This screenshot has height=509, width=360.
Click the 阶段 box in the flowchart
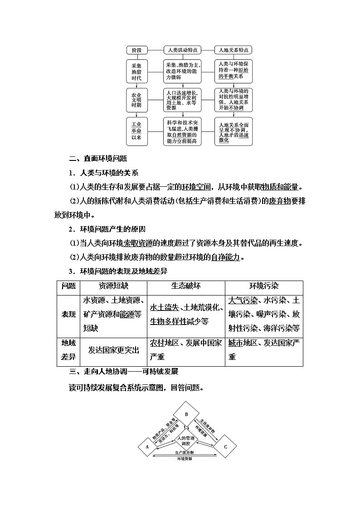[137, 50]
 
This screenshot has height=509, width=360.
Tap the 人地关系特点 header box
[233, 50]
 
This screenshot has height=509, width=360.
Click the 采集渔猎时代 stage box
[137, 71]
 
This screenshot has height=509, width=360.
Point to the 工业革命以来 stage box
[137, 131]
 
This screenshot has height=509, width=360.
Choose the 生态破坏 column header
[186, 286]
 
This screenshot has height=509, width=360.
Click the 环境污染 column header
[264, 286]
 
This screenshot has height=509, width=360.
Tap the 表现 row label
[68, 314]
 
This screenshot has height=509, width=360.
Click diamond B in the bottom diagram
[186, 414]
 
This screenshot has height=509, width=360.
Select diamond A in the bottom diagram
[147, 446]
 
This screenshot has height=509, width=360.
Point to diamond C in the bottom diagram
[226, 446]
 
